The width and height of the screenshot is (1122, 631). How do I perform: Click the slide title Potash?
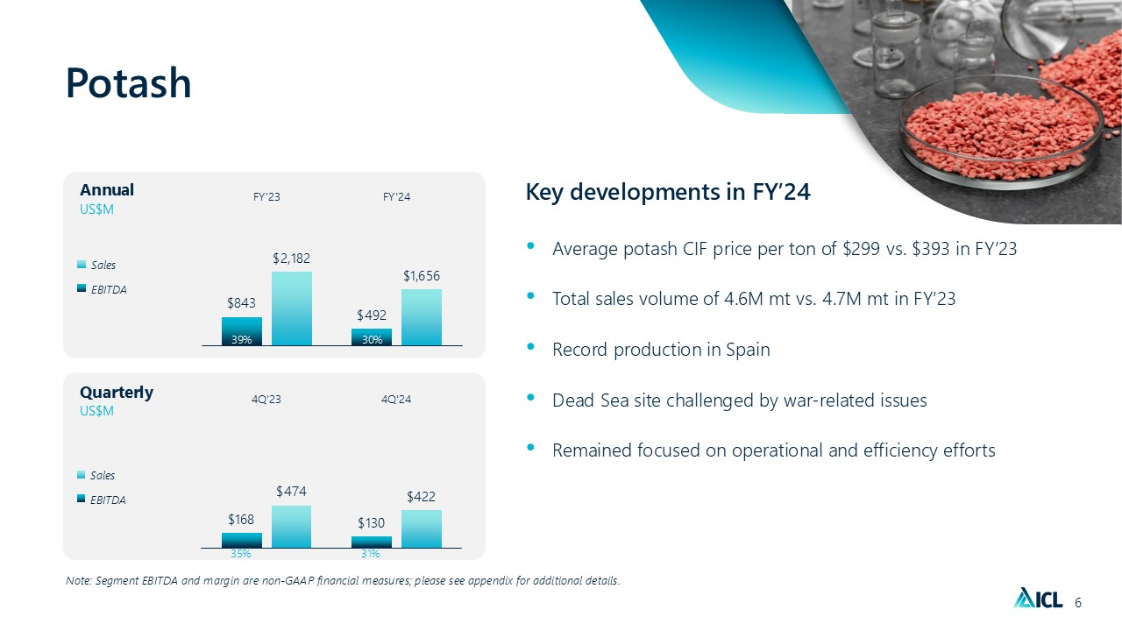128,84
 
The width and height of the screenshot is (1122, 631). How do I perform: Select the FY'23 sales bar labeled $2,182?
291,308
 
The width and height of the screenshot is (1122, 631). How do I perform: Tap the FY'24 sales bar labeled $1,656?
422,316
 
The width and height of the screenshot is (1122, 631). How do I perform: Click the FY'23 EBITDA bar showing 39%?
242,331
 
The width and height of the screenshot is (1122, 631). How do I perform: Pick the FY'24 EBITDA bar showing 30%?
372,337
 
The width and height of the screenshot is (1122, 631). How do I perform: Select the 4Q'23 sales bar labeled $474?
291,526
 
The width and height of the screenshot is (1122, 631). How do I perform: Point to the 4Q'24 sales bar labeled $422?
422,528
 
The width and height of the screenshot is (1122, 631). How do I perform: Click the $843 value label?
242,303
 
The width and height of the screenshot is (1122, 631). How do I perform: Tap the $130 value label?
372,523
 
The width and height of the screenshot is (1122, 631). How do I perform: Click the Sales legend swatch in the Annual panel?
82,265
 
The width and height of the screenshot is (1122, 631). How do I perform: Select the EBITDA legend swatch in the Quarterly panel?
82,500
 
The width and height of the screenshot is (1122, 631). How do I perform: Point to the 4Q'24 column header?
396,400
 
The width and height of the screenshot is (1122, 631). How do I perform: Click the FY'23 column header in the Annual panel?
266,197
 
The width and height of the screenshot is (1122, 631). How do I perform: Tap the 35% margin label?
241,554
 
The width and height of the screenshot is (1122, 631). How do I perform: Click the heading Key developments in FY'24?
667,192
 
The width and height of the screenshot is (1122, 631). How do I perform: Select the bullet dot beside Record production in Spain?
531,348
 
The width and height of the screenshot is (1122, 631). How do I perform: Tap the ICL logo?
1038,599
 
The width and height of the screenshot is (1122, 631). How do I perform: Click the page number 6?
1078,602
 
